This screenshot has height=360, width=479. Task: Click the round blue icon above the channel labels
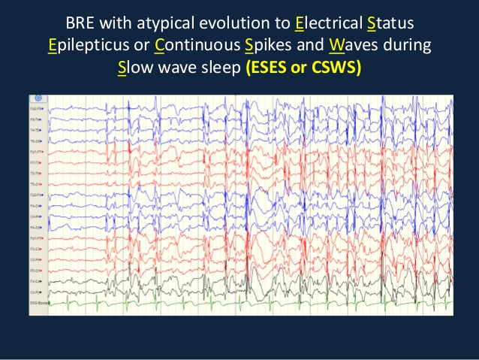coord(38,98)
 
